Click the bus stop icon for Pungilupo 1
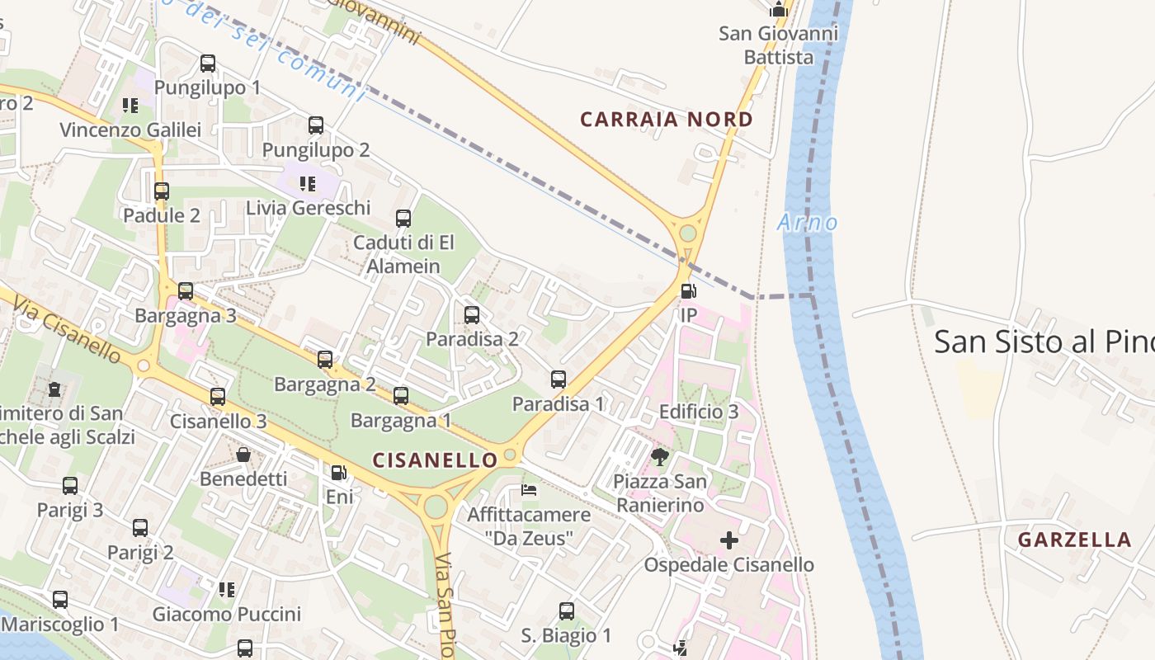(x=208, y=64)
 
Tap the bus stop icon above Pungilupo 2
(x=316, y=125)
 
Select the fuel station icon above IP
(x=688, y=291)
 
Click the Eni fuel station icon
(x=338, y=473)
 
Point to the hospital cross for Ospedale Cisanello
(x=729, y=540)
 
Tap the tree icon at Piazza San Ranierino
(x=659, y=456)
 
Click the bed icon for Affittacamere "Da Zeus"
(x=529, y=490)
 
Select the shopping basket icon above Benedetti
(x=243, y=455)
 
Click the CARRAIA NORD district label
(x=667, y=120)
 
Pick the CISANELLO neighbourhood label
(x=436, y=460)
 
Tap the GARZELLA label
(x=1074, y=540)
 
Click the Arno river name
(x=807, y=223)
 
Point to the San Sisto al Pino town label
(x=1044, y=342)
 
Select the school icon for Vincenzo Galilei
(x=130, y=106)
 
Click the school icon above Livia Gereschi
(x=308, y=183)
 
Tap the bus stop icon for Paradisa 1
(x=559, y=379)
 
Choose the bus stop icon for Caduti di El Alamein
(x=403, y=219)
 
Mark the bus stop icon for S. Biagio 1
(x=567, y=611)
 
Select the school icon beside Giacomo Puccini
(x=227, y=590)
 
